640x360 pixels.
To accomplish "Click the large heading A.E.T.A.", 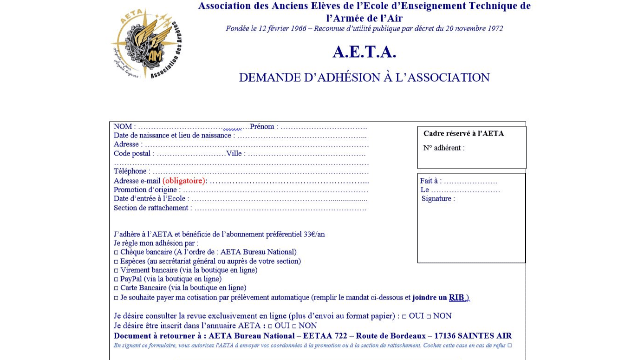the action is (x=363, y=52).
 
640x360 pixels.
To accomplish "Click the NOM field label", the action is (x=122, y=127).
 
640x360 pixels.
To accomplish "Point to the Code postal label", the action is (x=133, y=154).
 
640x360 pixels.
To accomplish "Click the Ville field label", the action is (x=235, y=154).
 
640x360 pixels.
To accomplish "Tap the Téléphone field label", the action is (x=132, y=172).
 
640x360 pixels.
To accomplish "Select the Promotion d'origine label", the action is (x=147, y=190).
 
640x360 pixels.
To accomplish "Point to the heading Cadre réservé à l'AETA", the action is (x=464, y=133).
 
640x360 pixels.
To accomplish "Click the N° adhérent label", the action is (x=443, y=148).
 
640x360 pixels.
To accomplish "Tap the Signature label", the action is (x=438, y=199).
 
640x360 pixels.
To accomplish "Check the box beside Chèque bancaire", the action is (x=116, y=252).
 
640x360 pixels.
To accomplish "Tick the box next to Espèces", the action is (x=116, y=261).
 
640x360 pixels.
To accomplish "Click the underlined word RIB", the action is (x=455, y=297).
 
